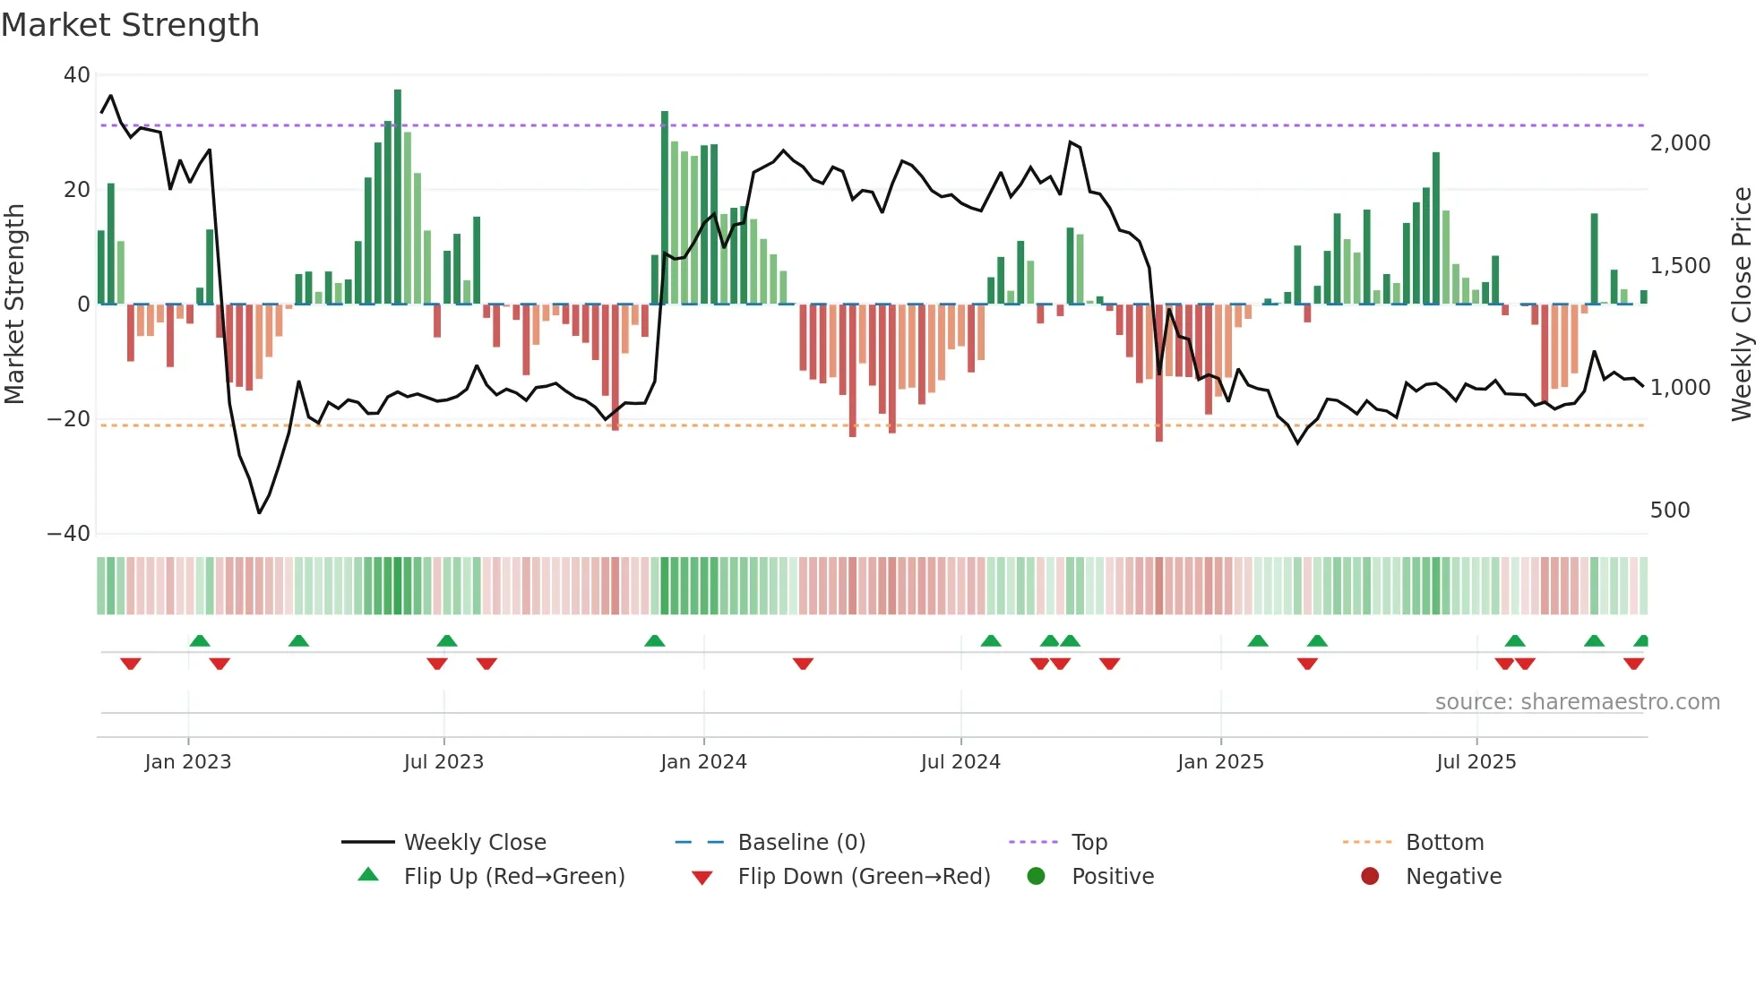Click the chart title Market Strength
tap(131, 25)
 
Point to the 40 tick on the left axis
tap(77, 75)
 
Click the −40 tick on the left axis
tap(69, 534)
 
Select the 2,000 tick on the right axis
tap(1680, 143)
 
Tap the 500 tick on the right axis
tap(1669, 511)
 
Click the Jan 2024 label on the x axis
tap(703, 762)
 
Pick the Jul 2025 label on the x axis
tap(1476, 762)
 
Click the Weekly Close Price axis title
tap(1741, 305)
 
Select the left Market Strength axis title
tap(15, 305)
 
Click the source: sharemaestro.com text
tap(1577, 702)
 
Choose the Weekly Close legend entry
tap(474, 843)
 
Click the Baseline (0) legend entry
tap(801, 843)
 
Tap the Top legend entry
tap(1089, 843)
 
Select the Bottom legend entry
tap(1444, 843)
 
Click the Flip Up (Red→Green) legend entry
tap(513, 877)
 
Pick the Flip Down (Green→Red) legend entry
tap(863, 877)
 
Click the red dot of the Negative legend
tap(1370, 877)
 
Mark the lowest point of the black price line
tap(259, 512)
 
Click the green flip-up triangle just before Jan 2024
tap(655, 641)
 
